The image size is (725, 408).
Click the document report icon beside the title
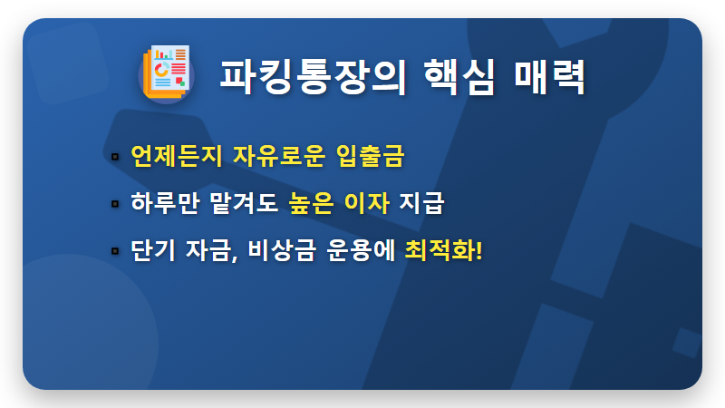pyautogui.click(x=166, y=72)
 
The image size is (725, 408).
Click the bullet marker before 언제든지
pyautogui.click(x=115, y=157)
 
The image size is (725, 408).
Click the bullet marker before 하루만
pyautogui.click(x=115, y=203)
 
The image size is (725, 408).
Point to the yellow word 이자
pyautogui.click(x=367, y=202)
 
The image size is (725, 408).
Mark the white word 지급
pyautogui.click(x=421, y=202)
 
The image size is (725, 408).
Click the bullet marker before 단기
pyautogui.click(x=115, y=249)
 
